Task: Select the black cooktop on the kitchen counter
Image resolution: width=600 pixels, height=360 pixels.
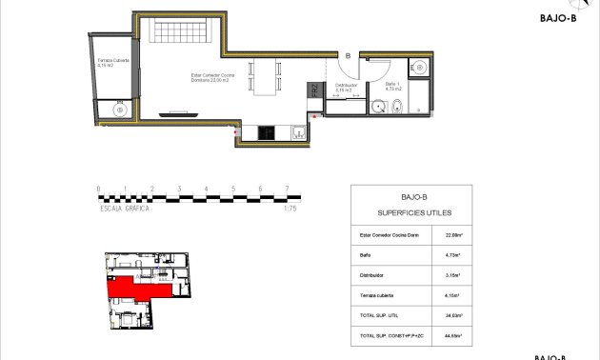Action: click(x=268, y=133)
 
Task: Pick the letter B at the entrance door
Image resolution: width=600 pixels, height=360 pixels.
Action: click(x=349, y=56)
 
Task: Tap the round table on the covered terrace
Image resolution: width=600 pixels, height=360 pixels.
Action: click(x=118, y=110)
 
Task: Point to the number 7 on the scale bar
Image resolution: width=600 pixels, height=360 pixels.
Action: click(x=288, y=189)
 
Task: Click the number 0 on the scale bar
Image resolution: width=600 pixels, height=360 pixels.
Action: click(x=98, y=189)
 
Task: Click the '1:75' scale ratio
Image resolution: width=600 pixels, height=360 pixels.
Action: click(x=290, y=209)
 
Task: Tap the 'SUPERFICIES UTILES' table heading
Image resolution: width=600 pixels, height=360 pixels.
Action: click(x=414, y=212)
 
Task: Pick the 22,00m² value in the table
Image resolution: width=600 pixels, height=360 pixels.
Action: click(x=453, y=233)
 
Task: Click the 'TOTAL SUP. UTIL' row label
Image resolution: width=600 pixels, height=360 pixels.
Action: click(x=381, y=314)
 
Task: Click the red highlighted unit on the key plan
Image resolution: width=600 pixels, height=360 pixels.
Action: click(x=133, y=286)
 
